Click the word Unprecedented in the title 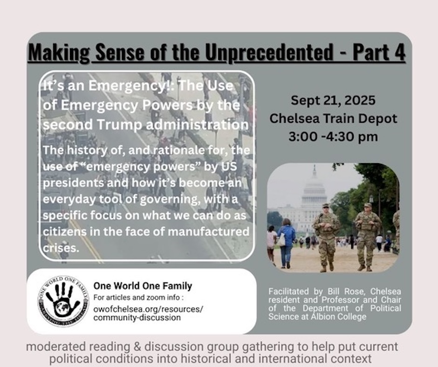click(x=269, y=52)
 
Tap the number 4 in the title click(x=399, y=52)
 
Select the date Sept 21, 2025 click(x=333, y=100)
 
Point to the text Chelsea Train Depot click(x=333, y=118)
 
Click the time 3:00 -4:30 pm click(x=333, y=137)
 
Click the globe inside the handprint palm click(x=62, y=308)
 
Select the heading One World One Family click(x=143, y=286)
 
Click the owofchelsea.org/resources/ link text click(x=148, y=309)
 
